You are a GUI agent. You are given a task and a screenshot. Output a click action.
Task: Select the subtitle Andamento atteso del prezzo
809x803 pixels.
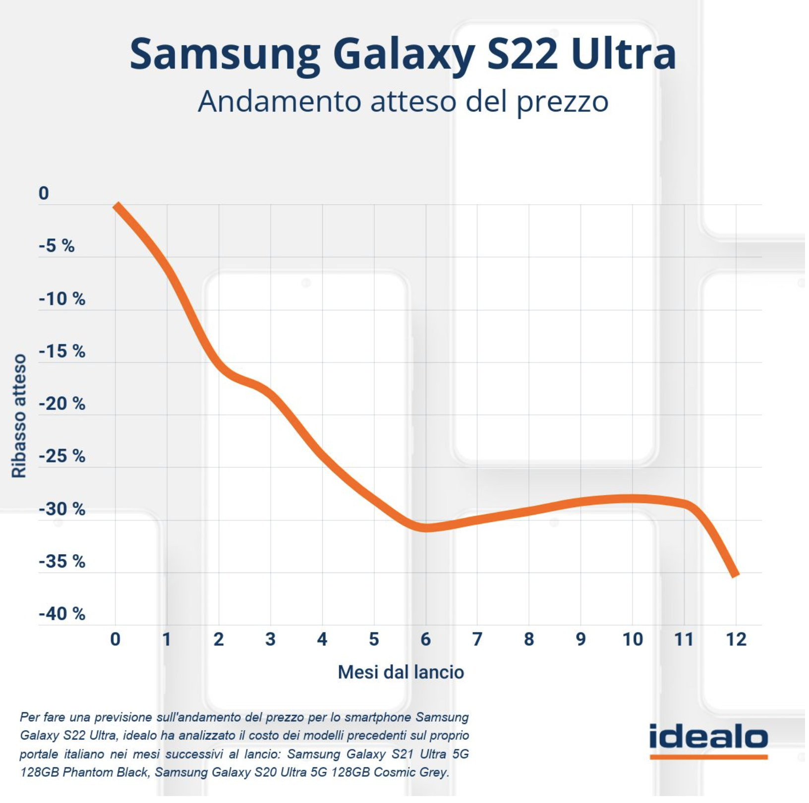pyautogui.click(x=403, y=102)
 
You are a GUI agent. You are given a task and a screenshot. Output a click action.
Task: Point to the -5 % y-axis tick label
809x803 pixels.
pyautogui.click(x=57, y=246)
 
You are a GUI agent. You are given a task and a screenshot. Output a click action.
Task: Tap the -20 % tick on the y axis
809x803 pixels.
pyautogui.click(x=61, y=404)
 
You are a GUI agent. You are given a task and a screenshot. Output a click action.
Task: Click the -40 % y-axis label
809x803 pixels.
pyautogui.click(x=61, y=614)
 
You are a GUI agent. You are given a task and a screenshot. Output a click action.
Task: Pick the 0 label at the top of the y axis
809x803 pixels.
pyautogui.click(x=44, y=193)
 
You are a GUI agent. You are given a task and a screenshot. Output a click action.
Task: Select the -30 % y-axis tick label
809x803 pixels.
pyautogui.click(x=61, y=509)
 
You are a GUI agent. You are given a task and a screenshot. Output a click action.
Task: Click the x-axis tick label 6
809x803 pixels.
pyautogui.click(x=425, y=639)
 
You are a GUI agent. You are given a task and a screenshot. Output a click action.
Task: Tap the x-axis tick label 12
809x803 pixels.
pyautogui.click(x=736, y=639)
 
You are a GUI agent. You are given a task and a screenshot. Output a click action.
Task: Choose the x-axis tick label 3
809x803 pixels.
pyautogui.click(x=270, y=639)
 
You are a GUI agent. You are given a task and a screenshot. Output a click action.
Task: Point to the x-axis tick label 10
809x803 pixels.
pyautogui.click(x=632, y=639)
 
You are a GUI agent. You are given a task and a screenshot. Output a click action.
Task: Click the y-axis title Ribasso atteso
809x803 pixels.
pyautogui.click(x=19, y=415)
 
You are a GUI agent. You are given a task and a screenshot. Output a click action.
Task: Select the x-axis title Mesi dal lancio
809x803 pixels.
pyautogui.click(x=401, y=673)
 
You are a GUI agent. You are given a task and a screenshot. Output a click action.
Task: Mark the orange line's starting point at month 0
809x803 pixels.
pyautogui.click(x=116, y=205)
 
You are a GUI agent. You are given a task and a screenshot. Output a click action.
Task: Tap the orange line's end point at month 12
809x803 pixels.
pyautogui.click(x=736, y=574)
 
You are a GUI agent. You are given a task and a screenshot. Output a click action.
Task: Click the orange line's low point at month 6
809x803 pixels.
pyautogui.click(x=425, y=528)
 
